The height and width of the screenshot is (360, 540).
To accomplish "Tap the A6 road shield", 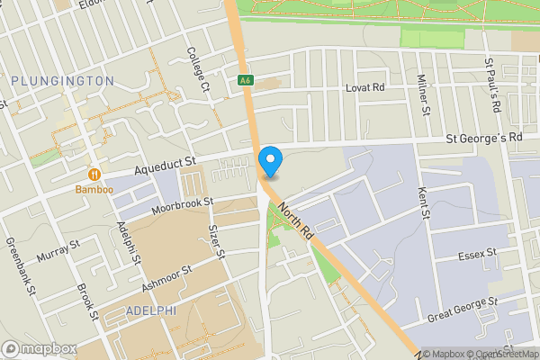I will click(245, 81).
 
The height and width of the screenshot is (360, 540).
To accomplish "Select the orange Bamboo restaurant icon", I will click(94, 174).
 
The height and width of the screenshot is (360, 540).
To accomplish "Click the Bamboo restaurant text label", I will click(94, 190).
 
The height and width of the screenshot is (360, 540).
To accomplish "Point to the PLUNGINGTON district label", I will click(63, 81).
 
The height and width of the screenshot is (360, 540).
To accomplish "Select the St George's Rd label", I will click(485, 139).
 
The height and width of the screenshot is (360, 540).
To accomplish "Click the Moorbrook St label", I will click(181, 207).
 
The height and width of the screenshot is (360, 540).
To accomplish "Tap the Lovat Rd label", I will click(365, 88).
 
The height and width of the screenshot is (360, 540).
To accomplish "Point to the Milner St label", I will click(421, 95).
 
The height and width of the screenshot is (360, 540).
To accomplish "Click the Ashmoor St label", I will click(166, 279).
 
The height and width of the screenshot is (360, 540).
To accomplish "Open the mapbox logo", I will click(40, 348).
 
